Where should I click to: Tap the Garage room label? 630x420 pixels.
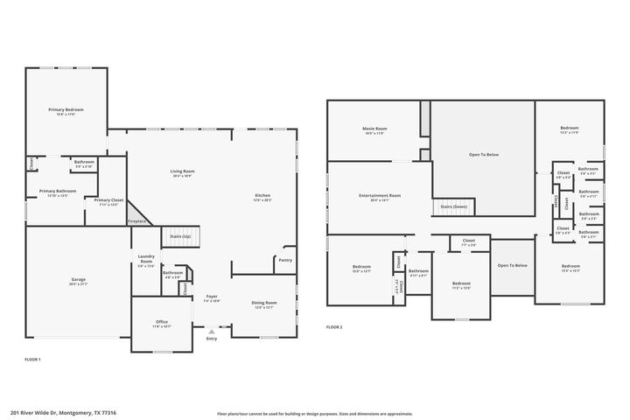pos(78,281)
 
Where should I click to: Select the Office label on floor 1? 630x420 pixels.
pos(162,323)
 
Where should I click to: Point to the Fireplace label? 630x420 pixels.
pos(137,221)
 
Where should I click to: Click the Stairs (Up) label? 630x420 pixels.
pos(180,235)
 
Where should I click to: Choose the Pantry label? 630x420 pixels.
pos(284,260)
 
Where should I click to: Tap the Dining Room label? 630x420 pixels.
pos(263,305)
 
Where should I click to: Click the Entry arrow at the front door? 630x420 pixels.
pos(211,332)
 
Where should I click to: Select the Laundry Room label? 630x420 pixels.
pos(146,259)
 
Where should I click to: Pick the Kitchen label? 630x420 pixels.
pos(262,197)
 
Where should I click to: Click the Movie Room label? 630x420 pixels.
pos(374,130)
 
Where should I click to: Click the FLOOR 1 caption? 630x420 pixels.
pos(32,360)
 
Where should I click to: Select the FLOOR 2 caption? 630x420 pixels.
pos(334,326)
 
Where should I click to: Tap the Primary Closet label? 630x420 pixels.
pos(109,202)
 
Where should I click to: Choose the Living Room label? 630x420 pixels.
pos(182,172)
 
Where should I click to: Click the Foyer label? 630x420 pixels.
pos(211,298)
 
